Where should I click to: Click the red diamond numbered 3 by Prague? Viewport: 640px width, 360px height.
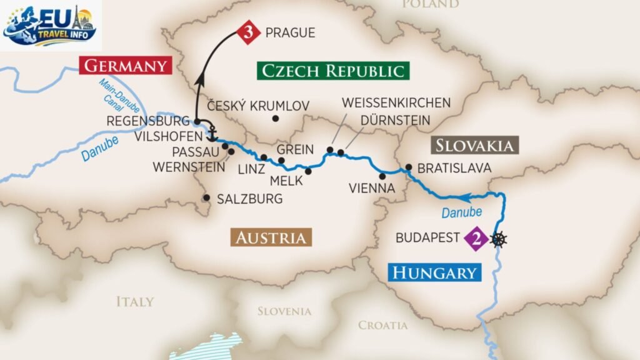point(247,33)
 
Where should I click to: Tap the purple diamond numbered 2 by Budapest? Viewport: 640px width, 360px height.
point(476,238)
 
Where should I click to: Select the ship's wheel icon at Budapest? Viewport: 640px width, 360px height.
point(499,238)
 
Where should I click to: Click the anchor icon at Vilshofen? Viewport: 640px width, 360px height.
point(212,134)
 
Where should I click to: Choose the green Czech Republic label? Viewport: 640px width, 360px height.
point(332,70)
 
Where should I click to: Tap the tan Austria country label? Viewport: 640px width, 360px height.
point(271,237)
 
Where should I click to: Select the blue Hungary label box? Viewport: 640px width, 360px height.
point(435,272)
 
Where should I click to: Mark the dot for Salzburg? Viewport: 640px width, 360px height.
point(206,198)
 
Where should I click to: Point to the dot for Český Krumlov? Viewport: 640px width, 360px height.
point(275,119)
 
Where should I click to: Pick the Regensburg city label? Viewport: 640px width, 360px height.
point(147,121)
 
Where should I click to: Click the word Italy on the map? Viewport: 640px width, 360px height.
point(134,302)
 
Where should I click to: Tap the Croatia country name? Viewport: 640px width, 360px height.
point(382,325)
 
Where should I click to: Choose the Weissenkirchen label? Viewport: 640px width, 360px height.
point(396,102)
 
